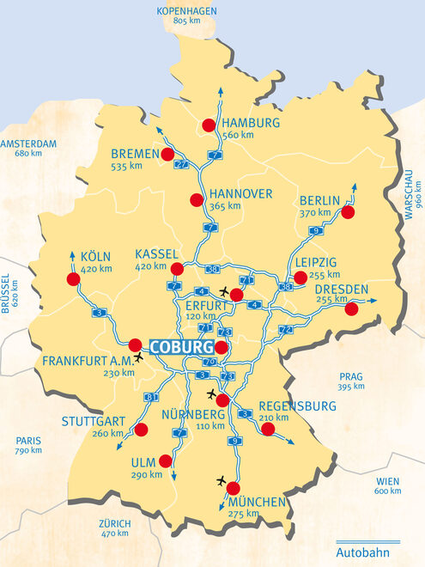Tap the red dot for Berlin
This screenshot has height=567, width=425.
point(349,211)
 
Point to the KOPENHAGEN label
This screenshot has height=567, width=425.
point(186,10)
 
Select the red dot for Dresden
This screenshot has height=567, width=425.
point(350,308)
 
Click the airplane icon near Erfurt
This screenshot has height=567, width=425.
point(226,291)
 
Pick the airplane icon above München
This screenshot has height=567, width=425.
point(223,479)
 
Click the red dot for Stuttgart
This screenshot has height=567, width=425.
point(141,429)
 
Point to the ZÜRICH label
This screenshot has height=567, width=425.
point(114,523)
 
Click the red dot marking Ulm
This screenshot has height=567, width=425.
point(165,460)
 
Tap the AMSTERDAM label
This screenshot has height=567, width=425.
point(27,143)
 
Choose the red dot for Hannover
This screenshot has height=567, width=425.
point(196,200)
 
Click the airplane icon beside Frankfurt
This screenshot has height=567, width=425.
point(140,357)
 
